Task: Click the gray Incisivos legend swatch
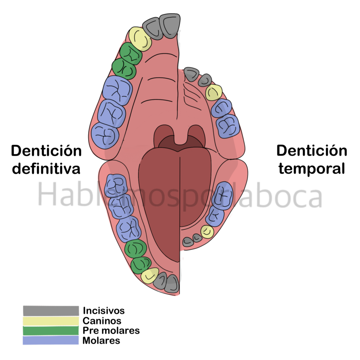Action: (51, 311)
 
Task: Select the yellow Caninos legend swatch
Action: (51, 321)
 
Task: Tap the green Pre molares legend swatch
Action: (51, 330)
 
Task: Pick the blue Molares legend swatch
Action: (51, 340)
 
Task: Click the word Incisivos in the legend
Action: (104, 311)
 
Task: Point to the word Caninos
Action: (102, 321)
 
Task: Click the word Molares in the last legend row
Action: (101, 340)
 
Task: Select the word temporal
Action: (312, 169)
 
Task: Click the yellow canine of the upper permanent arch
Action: (140, 39)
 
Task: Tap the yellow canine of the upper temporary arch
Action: (214, 92)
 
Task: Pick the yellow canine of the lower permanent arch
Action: (150, 275)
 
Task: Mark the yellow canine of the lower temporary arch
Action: (207, 232)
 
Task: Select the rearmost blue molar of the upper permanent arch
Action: (105, 135)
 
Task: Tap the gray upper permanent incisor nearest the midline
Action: (170, 26)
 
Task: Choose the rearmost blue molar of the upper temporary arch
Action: (228, 126)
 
